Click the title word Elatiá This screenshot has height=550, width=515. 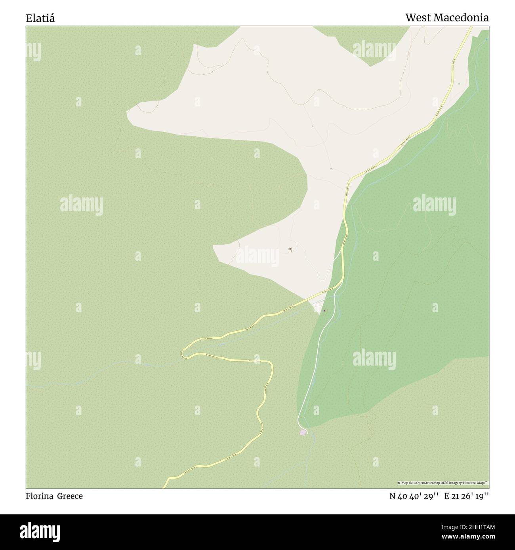pos(40,18)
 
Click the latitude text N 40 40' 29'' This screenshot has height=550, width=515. pos(414,496)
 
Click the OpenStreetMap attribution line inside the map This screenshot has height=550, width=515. pos(443,483)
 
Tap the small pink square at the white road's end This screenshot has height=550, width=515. pos(303,432)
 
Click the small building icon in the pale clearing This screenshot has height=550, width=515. pos(290,249)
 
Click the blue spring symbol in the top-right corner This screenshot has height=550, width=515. pos(487,39)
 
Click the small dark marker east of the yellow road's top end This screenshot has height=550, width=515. pos(459,84)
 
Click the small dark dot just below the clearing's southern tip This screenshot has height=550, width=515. pos(325,311)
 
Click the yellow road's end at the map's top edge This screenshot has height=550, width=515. pos(472,27)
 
